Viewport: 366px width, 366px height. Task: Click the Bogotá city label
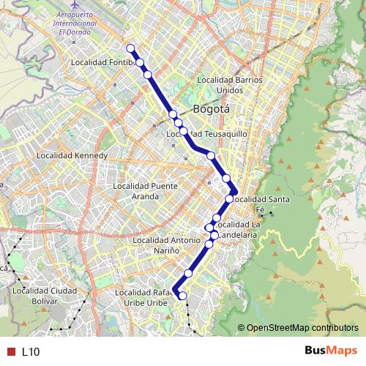click(x=212, y=109)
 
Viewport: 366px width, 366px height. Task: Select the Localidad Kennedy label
click(x=72, y=156)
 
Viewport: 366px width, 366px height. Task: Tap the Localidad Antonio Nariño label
click(x=165, y=244)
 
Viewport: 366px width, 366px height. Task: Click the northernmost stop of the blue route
click(x=131, y=49)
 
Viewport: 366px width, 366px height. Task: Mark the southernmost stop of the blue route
click(x=183, y=296)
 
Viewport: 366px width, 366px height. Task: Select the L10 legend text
click(x=31, y=352)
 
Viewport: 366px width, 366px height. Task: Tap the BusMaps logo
click(x=332, y=351)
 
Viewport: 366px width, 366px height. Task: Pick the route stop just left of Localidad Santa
click(x=230, y=198)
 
